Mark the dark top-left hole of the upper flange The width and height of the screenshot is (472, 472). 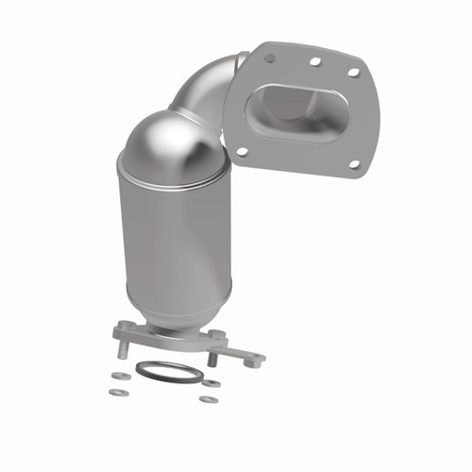pyautogui.click(x=270, y=58)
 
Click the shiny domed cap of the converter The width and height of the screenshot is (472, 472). pyautogui.click(x=175, y=146)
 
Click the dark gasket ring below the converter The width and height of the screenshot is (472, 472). pyautogui.click(x=168, y=372)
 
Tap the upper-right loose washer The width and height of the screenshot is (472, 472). pyautogui.click(x=211, y=383)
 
